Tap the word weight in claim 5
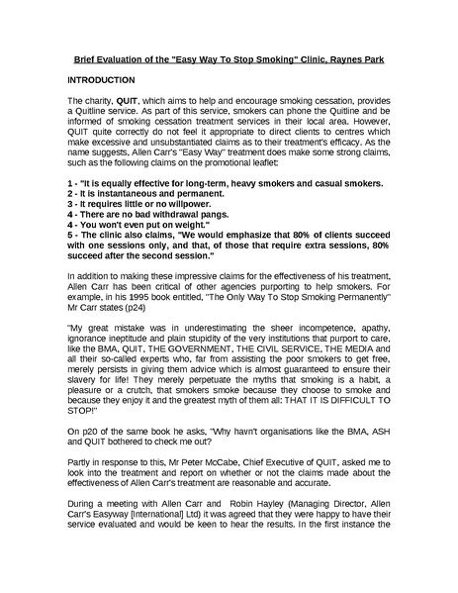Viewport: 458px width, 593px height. point(182,197)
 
